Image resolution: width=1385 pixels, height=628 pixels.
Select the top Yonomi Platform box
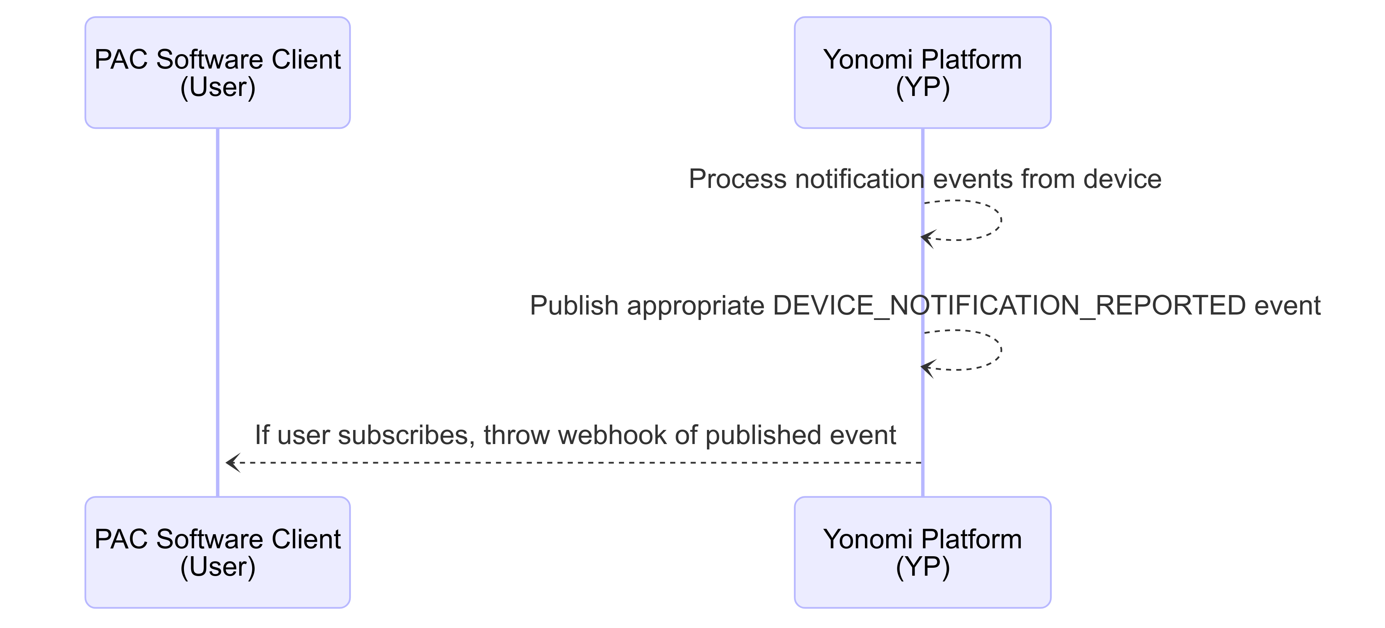922,73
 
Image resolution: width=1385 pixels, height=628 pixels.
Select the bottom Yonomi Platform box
922,552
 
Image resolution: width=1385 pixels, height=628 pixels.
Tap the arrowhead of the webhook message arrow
233,462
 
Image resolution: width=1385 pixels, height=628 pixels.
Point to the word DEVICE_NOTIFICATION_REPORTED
1009,306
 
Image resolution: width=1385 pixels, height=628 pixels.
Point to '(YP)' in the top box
923,87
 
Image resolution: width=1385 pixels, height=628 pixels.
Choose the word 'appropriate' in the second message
696,306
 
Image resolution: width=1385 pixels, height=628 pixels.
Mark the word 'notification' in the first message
859,179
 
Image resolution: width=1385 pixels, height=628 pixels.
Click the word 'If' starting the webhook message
262,435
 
